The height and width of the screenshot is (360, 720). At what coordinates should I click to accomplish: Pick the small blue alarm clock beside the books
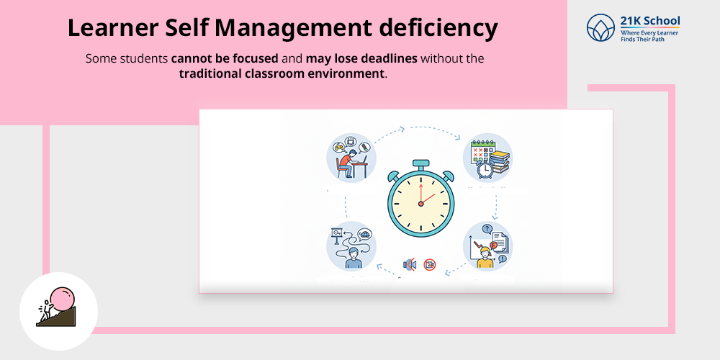pos(486,169)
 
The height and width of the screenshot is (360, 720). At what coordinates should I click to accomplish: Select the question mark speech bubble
pos(487,229)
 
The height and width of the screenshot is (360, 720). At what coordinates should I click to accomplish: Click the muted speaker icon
pos(410,265)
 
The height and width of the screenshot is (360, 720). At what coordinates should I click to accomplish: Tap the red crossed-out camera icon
pos(430,265)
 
